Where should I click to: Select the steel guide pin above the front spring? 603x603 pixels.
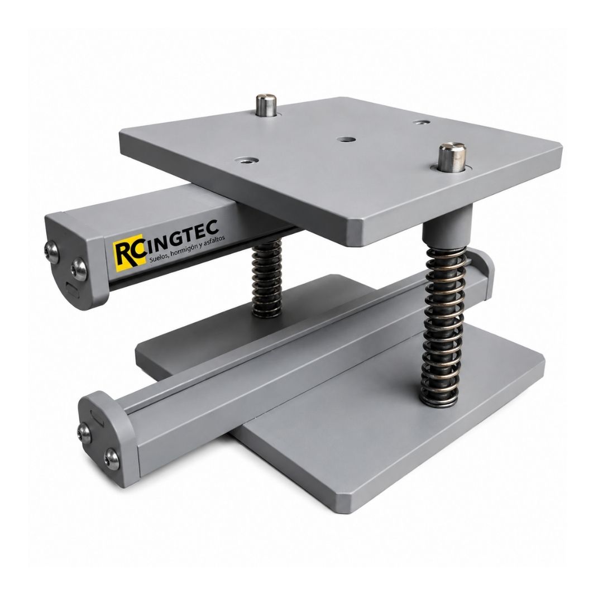click(453, 157)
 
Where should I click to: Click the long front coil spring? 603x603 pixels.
click(443, 326)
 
